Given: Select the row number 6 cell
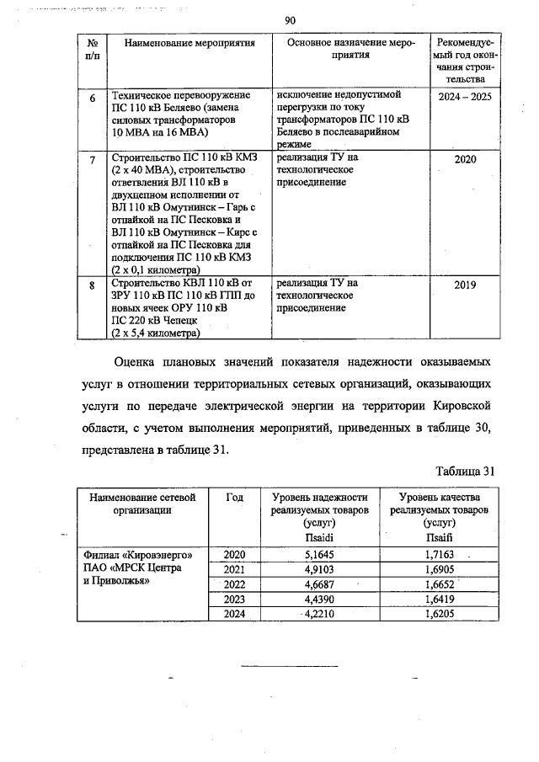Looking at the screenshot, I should click(x=92, y=99).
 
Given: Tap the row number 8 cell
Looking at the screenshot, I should click(x=92, y=286).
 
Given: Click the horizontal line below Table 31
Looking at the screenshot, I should click(x=289, y=666).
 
